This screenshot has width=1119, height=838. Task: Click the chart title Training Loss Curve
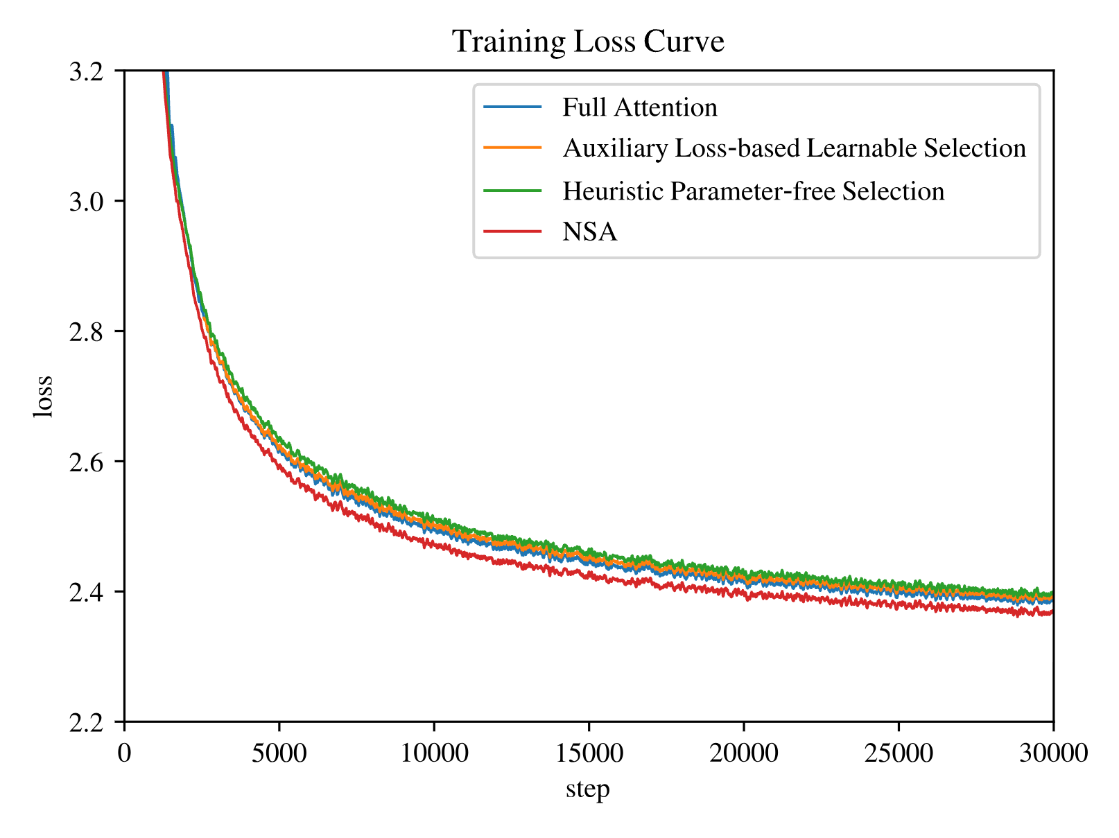pyautogui.click(x=588, y=41)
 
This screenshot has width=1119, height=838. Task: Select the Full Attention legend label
pyautogui.click(x=640, y=107)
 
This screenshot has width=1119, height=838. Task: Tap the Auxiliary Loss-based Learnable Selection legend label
pyautogui.click(x=795, y=148)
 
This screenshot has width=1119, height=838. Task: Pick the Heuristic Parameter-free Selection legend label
pyautogui.click(x=754, y=191)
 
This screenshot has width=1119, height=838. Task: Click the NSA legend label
pyautogui.click(x=590, y=232)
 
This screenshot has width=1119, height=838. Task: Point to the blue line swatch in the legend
pyautogui.click(x=512, y=107)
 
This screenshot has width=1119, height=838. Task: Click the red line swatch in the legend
pyautogui.click(x=512, y=232)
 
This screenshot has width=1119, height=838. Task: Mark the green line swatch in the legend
pyautogui.click(x=512, y=191)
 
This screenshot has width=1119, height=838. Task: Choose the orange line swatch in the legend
pyautogui.click(x=512, y=148)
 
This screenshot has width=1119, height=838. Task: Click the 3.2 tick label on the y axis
pyautogui.click(x=86, y=71)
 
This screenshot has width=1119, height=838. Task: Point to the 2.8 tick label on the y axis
pyautogui.click(x=86, y=331)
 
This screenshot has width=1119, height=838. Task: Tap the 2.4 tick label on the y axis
pyautogui.click(x=86, y=592)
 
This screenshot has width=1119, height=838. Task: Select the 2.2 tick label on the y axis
pyautogui.click(x=86, y=722)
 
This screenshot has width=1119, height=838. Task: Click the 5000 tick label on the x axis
pyautogui.click(x=279, y=753)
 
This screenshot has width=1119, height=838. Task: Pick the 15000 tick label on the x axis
pyautogui.click(x=589, y=753)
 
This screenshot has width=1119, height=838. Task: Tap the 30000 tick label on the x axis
pyautogui.click(x=1053, y=753)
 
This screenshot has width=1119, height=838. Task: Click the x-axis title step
pyautogui.click(x=588, y=789)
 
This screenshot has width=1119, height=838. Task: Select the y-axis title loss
pyautogui.click(x=43, y=397)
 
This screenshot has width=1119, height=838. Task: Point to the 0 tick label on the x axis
pyautogui.click(x=124, y=753)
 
